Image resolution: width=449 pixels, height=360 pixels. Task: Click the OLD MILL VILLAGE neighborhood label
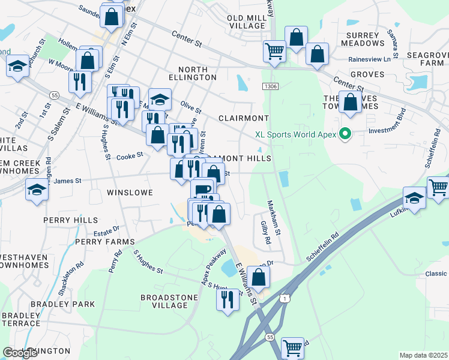[x=247, y=22]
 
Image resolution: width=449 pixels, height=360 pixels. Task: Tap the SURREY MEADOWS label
[x=362, y=39]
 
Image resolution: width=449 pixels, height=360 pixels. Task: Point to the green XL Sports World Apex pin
[x=345, y=134]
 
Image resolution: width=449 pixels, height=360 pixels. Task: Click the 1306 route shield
[x=270, y=87]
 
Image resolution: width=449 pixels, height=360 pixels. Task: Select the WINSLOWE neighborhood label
[x=130, y=193]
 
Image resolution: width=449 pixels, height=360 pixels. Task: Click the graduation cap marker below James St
[x=37, y=191]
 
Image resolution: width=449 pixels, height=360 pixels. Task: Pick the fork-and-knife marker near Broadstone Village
[x=228, y=299]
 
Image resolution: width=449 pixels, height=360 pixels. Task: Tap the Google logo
[x=20, y=353]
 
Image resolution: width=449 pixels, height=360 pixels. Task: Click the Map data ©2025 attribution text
[x=423, y=355]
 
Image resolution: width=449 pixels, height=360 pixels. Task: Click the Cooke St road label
[x=130, y=155]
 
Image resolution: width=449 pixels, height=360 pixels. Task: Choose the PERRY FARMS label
[x=105, y=242]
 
